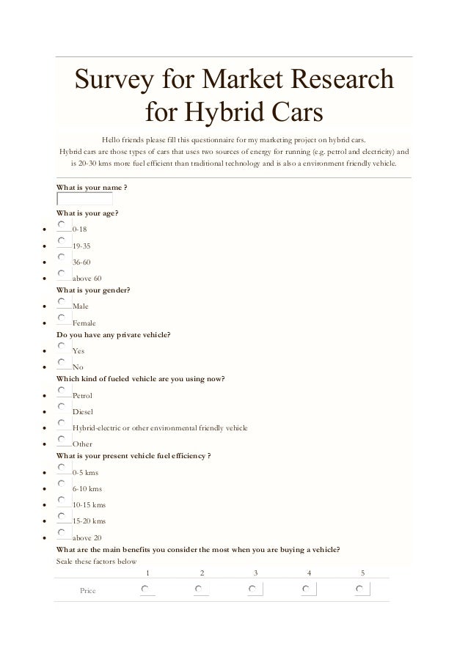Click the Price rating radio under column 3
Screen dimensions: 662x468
(x=252, y=589)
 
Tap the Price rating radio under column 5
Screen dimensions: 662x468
(x=360, y=589)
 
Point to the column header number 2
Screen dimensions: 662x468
(x=201, y=573)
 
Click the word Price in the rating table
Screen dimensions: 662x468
(x=88, y=590)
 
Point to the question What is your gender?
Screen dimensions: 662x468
(x=94, y=290)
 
